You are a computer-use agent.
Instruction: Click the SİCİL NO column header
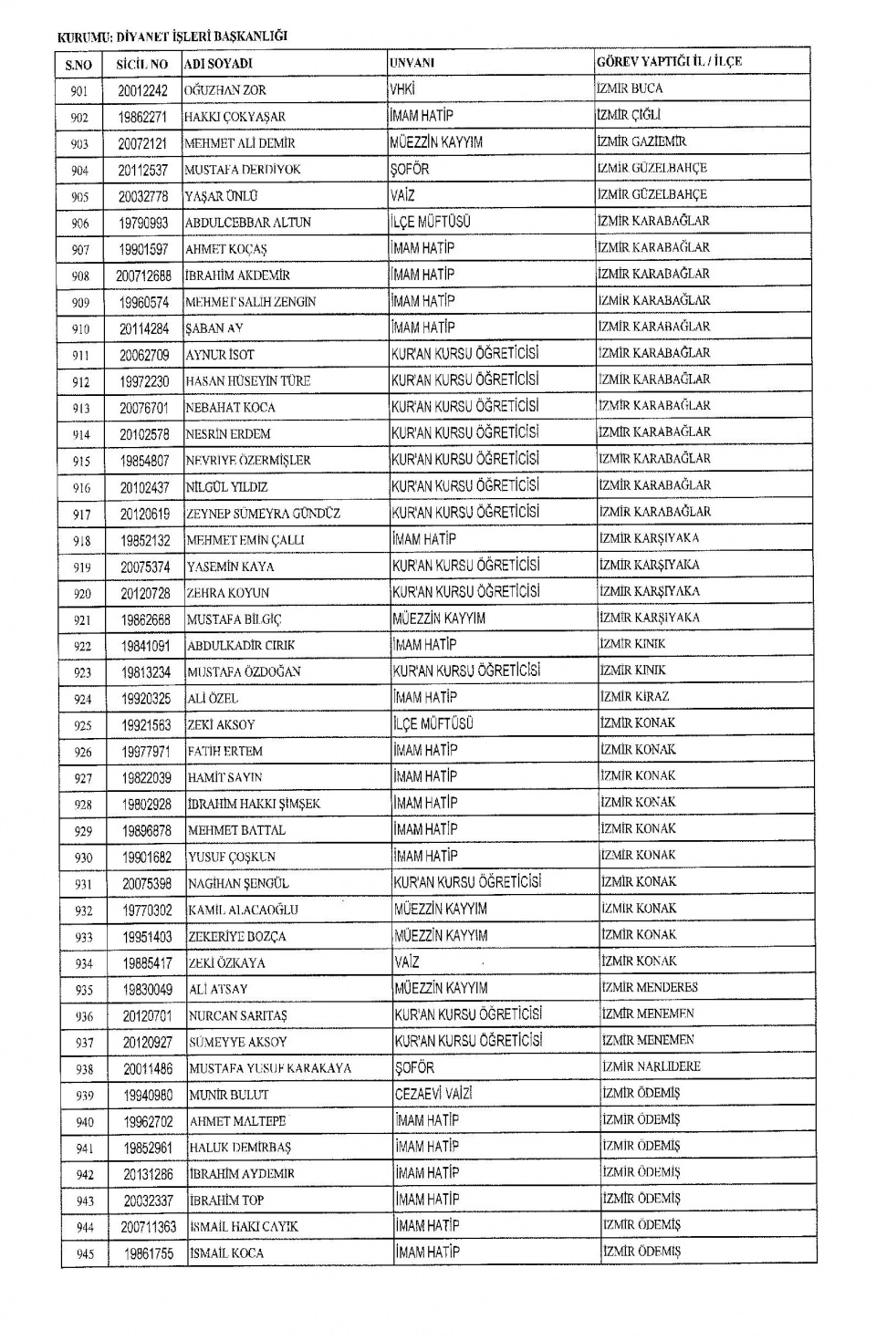(x=141, y=64)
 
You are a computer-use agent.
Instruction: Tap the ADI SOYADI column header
(x=218, y=64)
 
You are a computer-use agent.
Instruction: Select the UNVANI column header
(x=412, y=63)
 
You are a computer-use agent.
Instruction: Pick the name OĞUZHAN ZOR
(x=225, y=90)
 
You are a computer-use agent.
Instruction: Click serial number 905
(x=79, y=196)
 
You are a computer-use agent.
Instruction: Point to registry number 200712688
(x=143, y=275)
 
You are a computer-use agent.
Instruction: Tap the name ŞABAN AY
(x=214, y=328)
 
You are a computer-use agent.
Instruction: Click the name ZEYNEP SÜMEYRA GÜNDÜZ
(x=264, y=514)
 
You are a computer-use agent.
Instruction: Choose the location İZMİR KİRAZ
(x=634, y=697)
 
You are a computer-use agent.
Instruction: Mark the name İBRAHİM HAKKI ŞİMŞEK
(x=254, y=804)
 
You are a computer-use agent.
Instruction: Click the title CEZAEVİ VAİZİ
(x=433, y=1094)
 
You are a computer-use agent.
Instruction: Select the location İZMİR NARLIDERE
(x=651, y=1066)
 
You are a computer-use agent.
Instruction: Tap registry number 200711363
(x=149, y=1227)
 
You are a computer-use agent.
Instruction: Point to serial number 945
(x=85, y=1254)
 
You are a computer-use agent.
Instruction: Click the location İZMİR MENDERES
(x=649, y=987)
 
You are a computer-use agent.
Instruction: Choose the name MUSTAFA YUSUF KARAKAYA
(x=270, y=1068)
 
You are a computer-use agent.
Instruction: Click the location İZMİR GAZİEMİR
(x=641, y=141)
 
